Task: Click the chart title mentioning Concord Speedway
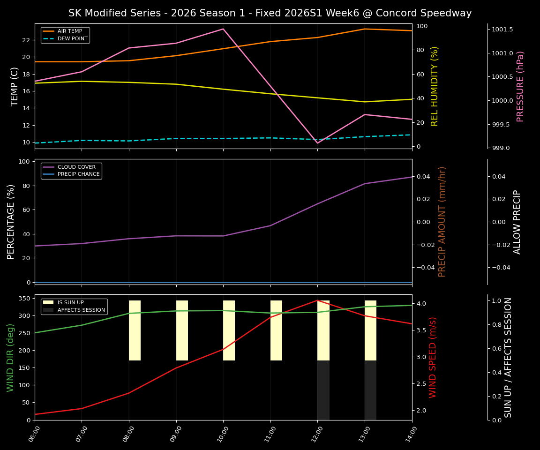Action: (270, 13)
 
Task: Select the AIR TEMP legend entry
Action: (65, 31)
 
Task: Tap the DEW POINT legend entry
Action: (65, 38)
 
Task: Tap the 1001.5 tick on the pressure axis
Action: (502, 30)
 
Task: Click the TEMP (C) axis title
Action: (15, 86)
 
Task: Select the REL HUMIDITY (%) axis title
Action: (435, 86)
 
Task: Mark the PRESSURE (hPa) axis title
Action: (520, 86)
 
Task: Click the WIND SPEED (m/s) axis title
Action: (433, 357)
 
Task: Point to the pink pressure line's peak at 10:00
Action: (223, 29)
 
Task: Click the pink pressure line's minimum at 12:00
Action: (317, 143)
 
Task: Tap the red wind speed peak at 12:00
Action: (317, 300)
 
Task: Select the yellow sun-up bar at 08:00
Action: (135, 330)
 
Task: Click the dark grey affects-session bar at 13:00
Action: (370, 390)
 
